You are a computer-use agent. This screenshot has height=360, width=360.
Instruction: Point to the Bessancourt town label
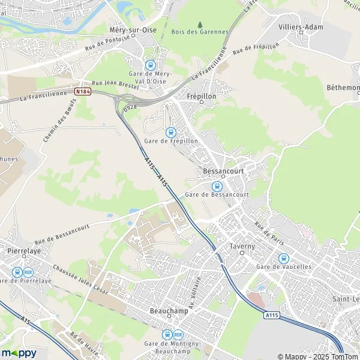221,170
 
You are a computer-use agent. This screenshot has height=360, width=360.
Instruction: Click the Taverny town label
242,246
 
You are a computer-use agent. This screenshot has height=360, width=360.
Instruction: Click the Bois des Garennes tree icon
200,25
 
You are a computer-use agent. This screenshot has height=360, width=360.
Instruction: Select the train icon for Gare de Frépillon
171,132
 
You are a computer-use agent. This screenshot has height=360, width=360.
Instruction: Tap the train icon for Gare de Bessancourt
217,186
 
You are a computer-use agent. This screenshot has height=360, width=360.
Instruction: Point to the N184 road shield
83,92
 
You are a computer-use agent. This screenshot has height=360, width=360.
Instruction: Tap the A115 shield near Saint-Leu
271,314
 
